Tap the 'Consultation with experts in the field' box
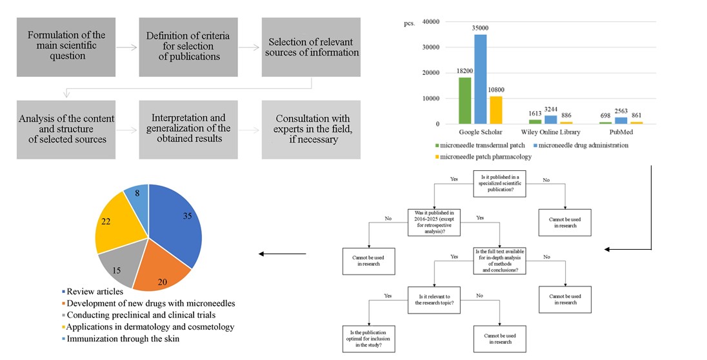click(x=312, y=129)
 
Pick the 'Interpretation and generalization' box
click(x=188, y=129)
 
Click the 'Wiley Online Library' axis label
click(x=552, y=132)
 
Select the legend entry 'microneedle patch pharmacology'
click(x=491, y=157)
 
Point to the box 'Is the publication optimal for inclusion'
click(x=369, y=337)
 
